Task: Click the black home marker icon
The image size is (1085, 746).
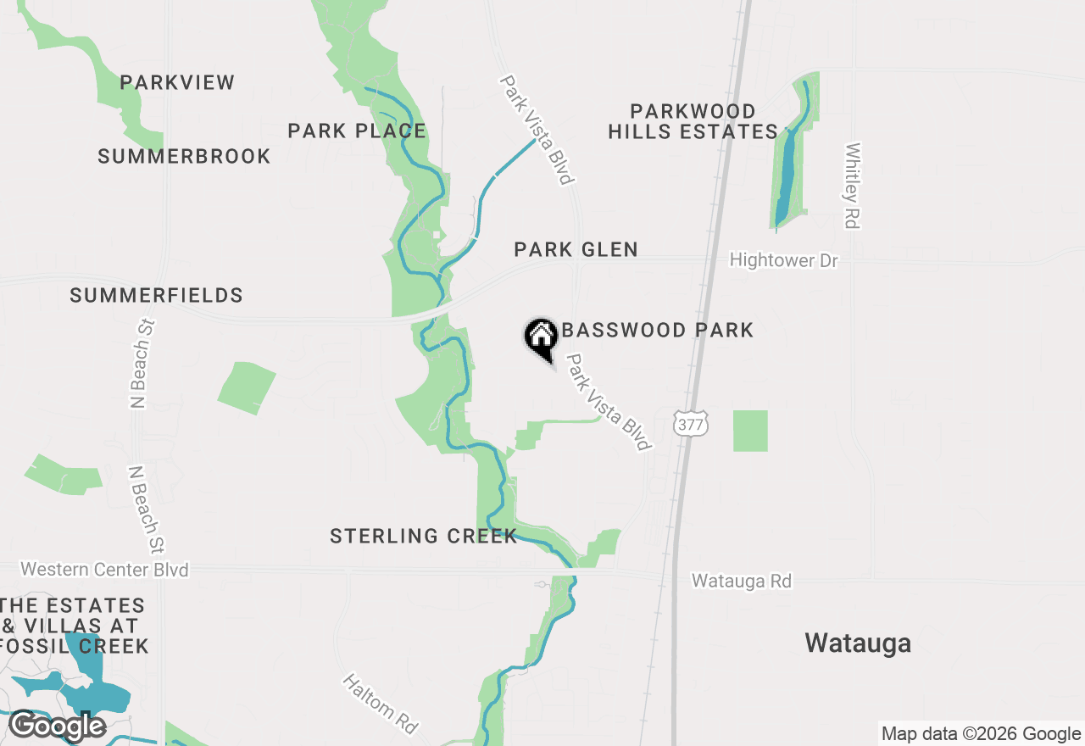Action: [541, 338]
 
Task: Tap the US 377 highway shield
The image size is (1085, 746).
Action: [690, 425]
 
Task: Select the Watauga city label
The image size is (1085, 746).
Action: [858, 643]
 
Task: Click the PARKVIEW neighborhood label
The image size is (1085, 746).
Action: [177, 82]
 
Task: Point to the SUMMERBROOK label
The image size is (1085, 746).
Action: [184, 157]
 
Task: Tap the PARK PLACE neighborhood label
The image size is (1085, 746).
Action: [357, 131]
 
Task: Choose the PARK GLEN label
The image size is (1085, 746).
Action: [576, 249]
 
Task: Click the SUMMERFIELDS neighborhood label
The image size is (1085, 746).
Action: [156, 295]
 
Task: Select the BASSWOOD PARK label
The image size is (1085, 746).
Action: [658, 330]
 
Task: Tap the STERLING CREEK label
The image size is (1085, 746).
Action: [424, 536]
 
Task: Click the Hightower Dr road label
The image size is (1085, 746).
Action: [784, 260]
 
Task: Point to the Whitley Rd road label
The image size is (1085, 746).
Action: [853, 186]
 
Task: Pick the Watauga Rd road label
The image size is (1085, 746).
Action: [742, 582]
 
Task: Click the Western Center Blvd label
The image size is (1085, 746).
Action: [104, 569]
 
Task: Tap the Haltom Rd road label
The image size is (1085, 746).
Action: [381, 704]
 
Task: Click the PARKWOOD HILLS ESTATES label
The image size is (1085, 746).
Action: [693, 121]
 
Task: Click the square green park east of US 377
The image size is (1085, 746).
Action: [750, 431]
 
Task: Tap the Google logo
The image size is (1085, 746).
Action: [57, 727]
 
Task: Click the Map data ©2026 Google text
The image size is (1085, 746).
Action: [981, 734]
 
